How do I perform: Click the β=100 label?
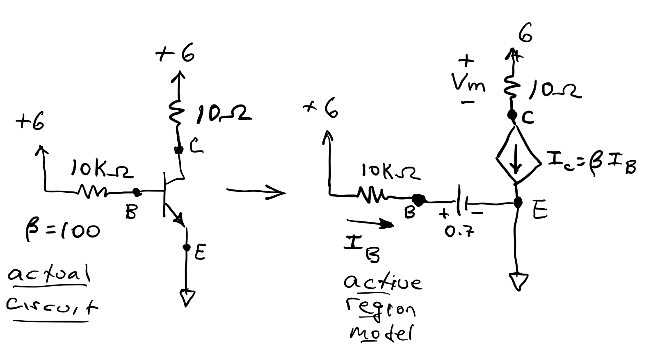[62, 230]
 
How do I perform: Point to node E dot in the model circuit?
[518, 202]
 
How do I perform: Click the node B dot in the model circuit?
[419, 200]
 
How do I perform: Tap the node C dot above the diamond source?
[511, 115]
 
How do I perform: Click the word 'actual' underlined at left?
[48, 274]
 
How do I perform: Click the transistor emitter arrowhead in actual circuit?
[179, 219]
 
